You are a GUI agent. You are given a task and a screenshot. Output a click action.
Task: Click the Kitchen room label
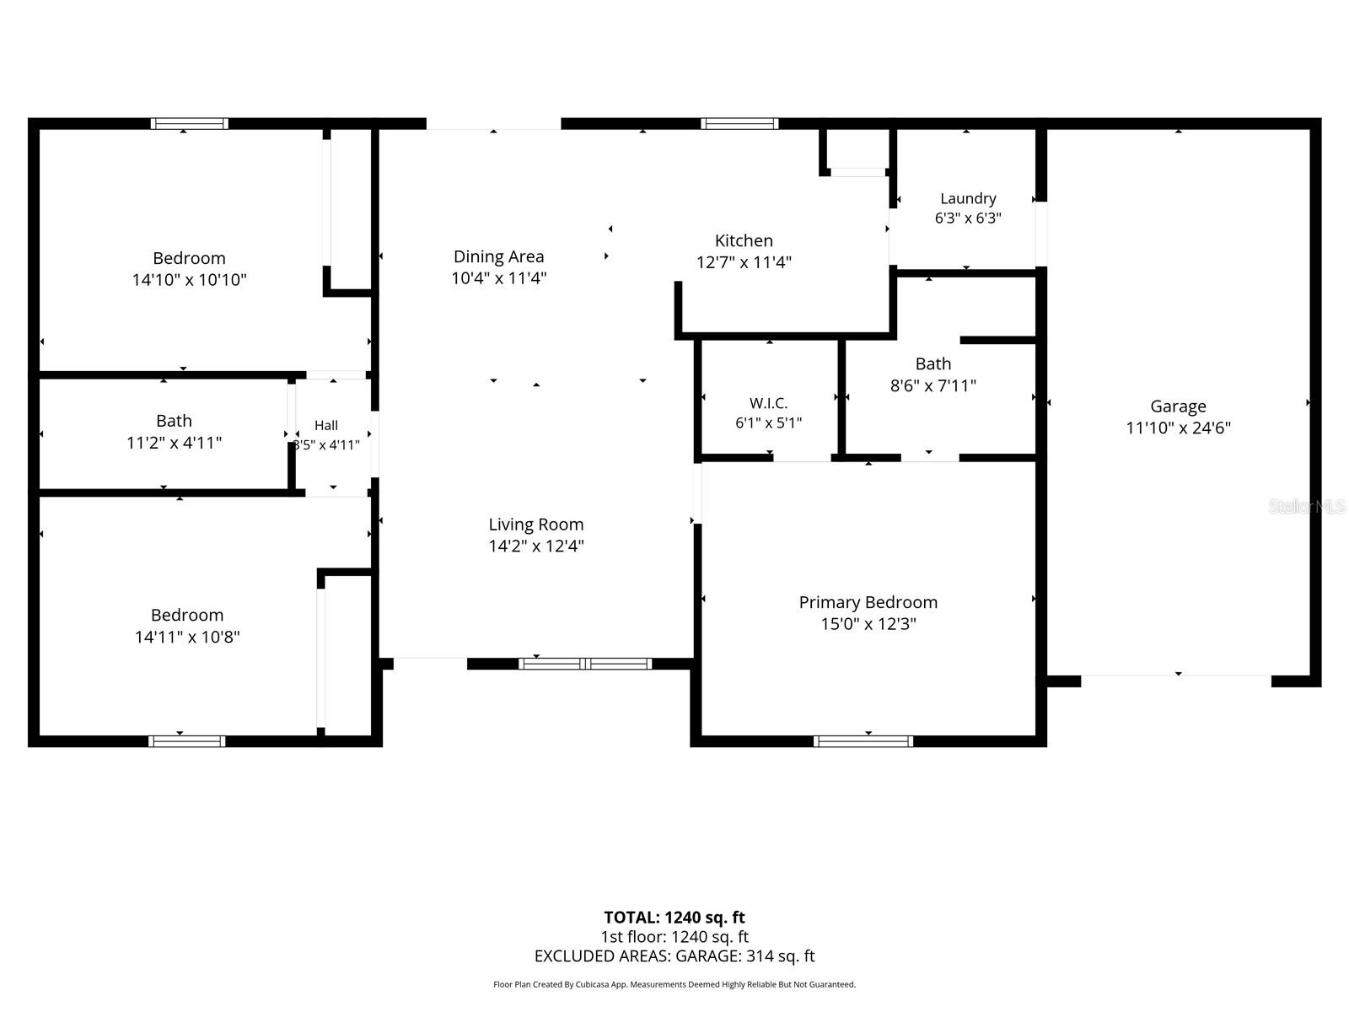(743, 240)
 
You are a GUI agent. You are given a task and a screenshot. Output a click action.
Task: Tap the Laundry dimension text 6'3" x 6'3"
(967, 218)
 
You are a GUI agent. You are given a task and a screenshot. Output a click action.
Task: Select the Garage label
(1178, 406)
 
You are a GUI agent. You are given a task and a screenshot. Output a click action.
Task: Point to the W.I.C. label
(768, 403)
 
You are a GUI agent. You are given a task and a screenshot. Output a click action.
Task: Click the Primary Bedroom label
(868, 602)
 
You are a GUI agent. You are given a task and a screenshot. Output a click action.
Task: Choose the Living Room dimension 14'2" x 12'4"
(536, 546)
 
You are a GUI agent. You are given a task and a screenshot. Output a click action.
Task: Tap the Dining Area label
(498, 256)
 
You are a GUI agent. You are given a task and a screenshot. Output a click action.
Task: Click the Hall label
(325, 425)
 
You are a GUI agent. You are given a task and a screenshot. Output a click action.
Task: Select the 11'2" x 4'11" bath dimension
(174, 443)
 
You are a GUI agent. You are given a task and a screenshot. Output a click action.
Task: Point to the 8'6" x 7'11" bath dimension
(933, 385)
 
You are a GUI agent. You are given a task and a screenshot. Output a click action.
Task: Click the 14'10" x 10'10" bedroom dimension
(190, 280)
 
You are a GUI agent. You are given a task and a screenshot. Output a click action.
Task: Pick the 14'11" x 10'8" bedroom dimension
(187, 637)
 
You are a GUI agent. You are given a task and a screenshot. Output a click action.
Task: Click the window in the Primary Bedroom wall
(863, 741)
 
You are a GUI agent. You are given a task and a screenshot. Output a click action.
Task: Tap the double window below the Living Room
(584, 664)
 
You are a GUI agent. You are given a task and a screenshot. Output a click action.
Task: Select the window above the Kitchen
(739, 123)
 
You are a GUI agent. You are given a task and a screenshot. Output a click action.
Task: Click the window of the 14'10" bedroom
(190, 123)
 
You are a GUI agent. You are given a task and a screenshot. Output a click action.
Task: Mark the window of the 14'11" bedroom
(187, 741)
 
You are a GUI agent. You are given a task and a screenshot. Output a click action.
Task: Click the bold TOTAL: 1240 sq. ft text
(674, 918)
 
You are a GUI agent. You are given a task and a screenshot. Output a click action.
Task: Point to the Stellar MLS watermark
(1307, 506)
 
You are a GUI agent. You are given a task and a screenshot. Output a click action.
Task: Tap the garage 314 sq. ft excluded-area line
(674, 956)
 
